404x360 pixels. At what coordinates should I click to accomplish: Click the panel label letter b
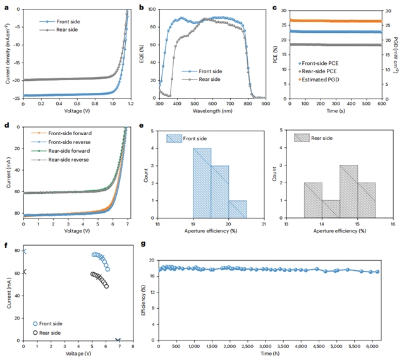141,8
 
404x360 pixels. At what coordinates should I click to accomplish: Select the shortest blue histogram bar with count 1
238,210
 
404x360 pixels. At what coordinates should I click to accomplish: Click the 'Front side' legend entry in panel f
49,323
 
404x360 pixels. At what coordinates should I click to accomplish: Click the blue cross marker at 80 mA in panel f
25,251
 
